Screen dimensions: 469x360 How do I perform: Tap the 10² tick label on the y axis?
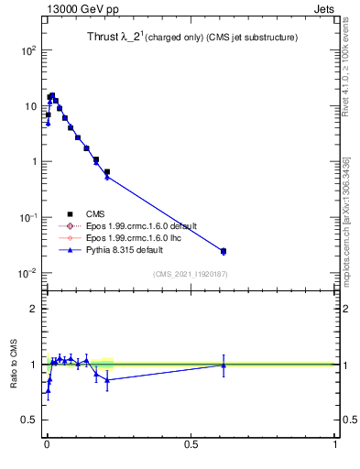point(28,50)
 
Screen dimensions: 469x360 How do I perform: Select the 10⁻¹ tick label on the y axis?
point(28,217)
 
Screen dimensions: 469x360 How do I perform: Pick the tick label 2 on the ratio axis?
point(33,309)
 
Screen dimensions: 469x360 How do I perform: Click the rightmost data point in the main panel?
point(224,251)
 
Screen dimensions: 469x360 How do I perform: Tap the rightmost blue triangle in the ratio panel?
point(224,365)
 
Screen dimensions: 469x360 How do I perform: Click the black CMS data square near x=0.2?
point(107,171)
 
